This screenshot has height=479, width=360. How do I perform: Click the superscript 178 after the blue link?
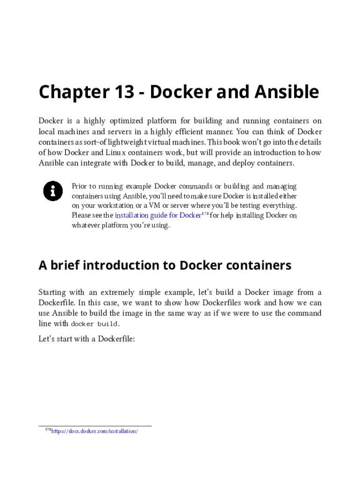click(x=205, y=214)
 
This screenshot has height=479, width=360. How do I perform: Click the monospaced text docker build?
click(x=94, y=324)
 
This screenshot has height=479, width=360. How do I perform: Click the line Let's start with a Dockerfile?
click(x=86, y=338)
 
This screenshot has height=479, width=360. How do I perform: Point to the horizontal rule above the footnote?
click(x=95, y=426)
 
